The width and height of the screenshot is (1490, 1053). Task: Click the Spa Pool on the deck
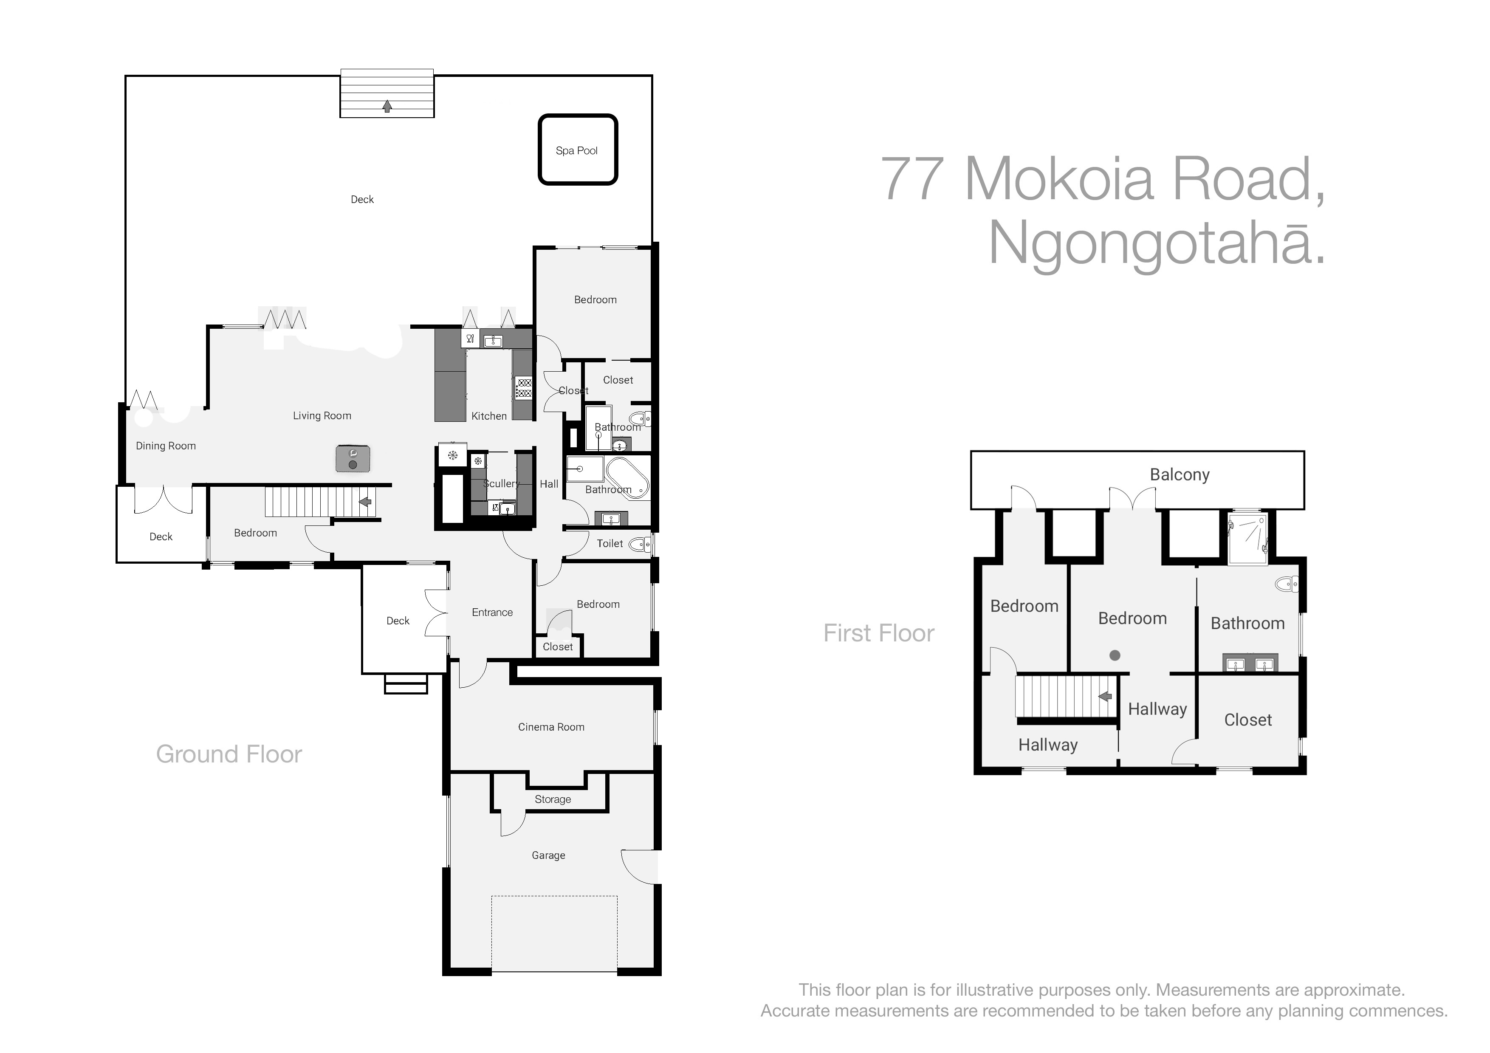[x=578, y=150]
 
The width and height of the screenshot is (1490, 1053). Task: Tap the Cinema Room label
[x=551, y=727]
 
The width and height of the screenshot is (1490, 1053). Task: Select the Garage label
[x=548, y=856]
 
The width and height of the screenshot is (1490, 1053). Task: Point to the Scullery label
[x=501, y=484]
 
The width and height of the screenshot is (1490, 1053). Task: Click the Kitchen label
[x=488, y=416]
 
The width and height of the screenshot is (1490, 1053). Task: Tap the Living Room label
[x=322, y=416]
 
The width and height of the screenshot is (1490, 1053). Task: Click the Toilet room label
[x=610, y=544]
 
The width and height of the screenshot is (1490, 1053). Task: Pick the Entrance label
[x=492, y=613]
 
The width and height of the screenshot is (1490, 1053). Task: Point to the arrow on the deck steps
[x=387, y=106]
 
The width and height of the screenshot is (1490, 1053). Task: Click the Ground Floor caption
[x=229, y=754]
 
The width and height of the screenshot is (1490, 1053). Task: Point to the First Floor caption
[x=879, y=633]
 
